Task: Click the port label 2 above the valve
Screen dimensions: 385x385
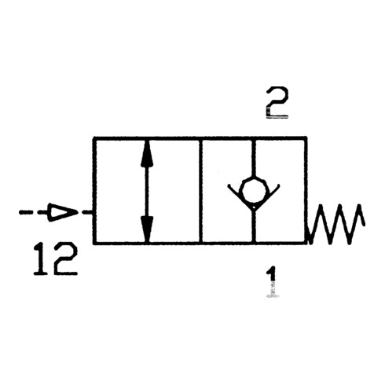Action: [x=277, y=102]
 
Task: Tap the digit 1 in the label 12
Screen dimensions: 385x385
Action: [x=41, y=258]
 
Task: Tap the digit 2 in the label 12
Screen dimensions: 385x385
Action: [x=65, y=258]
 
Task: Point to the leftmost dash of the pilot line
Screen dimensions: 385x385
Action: [x=24, y=212]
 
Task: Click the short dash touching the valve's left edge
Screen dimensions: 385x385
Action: [x=87, y=212]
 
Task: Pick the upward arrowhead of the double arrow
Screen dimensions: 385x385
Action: [x=147, y=153]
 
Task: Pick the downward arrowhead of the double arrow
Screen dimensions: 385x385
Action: [x=147, y=229]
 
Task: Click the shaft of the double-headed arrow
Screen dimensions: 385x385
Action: [x=147, y=191]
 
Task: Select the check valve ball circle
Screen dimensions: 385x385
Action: [x=254, y=190]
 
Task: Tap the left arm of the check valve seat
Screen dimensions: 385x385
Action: [x=240, y=196]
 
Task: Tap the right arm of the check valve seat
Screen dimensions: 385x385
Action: [x=266, y=196]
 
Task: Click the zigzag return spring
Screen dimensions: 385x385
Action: [x=336, y=224]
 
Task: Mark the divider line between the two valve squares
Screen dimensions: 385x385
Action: [x=200, y=191]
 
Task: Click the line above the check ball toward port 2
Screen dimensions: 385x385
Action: [x=254, y=158]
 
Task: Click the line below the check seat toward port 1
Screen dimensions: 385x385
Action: [x=254, y=225]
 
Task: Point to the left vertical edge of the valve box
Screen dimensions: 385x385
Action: [x=94, y=191]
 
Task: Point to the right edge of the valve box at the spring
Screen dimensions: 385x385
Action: [x=306, y=191]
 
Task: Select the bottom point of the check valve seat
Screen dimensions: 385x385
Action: [x=254, y=207]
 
